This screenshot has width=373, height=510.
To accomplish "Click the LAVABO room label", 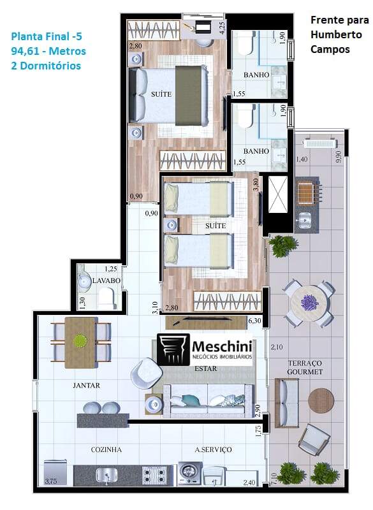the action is coord(106,280).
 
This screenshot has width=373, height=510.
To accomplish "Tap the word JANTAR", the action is coord(86,386).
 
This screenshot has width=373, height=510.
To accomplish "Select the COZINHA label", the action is coord(106,449).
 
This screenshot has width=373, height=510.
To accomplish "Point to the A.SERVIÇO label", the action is coord(213,449).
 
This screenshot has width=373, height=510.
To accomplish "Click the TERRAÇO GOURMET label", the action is coord(305,367).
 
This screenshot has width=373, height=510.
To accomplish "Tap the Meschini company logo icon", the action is coord(173,349).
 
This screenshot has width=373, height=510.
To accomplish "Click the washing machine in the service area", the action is coord(189,472).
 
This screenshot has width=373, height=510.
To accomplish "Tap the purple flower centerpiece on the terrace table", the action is coord(309,302).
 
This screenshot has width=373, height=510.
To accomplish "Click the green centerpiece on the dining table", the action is coord(80,341).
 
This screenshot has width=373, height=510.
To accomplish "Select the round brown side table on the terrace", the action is coord(321,400).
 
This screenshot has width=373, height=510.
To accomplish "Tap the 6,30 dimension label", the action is coord(254,321).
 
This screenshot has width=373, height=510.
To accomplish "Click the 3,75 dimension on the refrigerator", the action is coord(51,481).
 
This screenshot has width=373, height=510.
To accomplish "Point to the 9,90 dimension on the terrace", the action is coord(338,157).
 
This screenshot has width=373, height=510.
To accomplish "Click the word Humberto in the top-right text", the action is coord(336,34).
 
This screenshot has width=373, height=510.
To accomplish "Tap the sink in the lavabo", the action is coord(84,281).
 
